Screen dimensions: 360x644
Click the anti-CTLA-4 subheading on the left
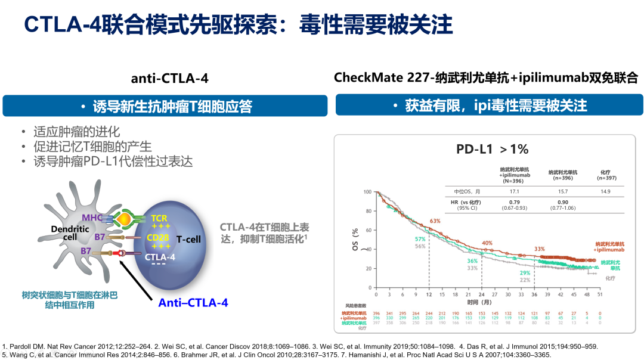click(x=170, y=79)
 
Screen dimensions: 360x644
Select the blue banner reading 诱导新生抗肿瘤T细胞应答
click(x=166, y=107)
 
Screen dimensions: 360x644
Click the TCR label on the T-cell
click(x=159, y=219)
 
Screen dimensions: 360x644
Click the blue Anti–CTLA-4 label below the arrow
click(x=193, y=303)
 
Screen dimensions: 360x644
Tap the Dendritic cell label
click(x=62, y=232)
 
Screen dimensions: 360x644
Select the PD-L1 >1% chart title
click(x=493, y=149)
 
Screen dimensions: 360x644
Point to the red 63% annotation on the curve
click(x=435, y=221)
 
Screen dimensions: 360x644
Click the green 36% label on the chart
click(x=472, y=260)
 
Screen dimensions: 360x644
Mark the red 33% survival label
click(x=540, y=249)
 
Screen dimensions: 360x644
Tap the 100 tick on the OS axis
click(x=368, y=192)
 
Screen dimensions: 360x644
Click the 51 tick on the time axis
click(x=600, y=294)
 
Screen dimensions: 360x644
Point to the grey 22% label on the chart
click(x=525, y=280)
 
